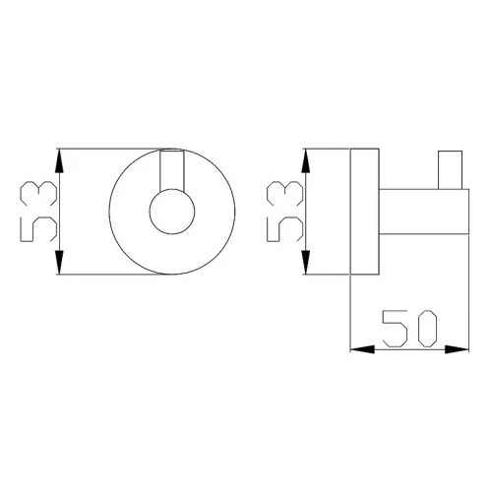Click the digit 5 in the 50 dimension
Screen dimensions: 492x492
(395, 329)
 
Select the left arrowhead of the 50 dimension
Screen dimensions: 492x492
(362, 349)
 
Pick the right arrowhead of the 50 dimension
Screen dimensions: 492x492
(457, 349)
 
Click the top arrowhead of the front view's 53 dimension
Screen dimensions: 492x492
(59, 160)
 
